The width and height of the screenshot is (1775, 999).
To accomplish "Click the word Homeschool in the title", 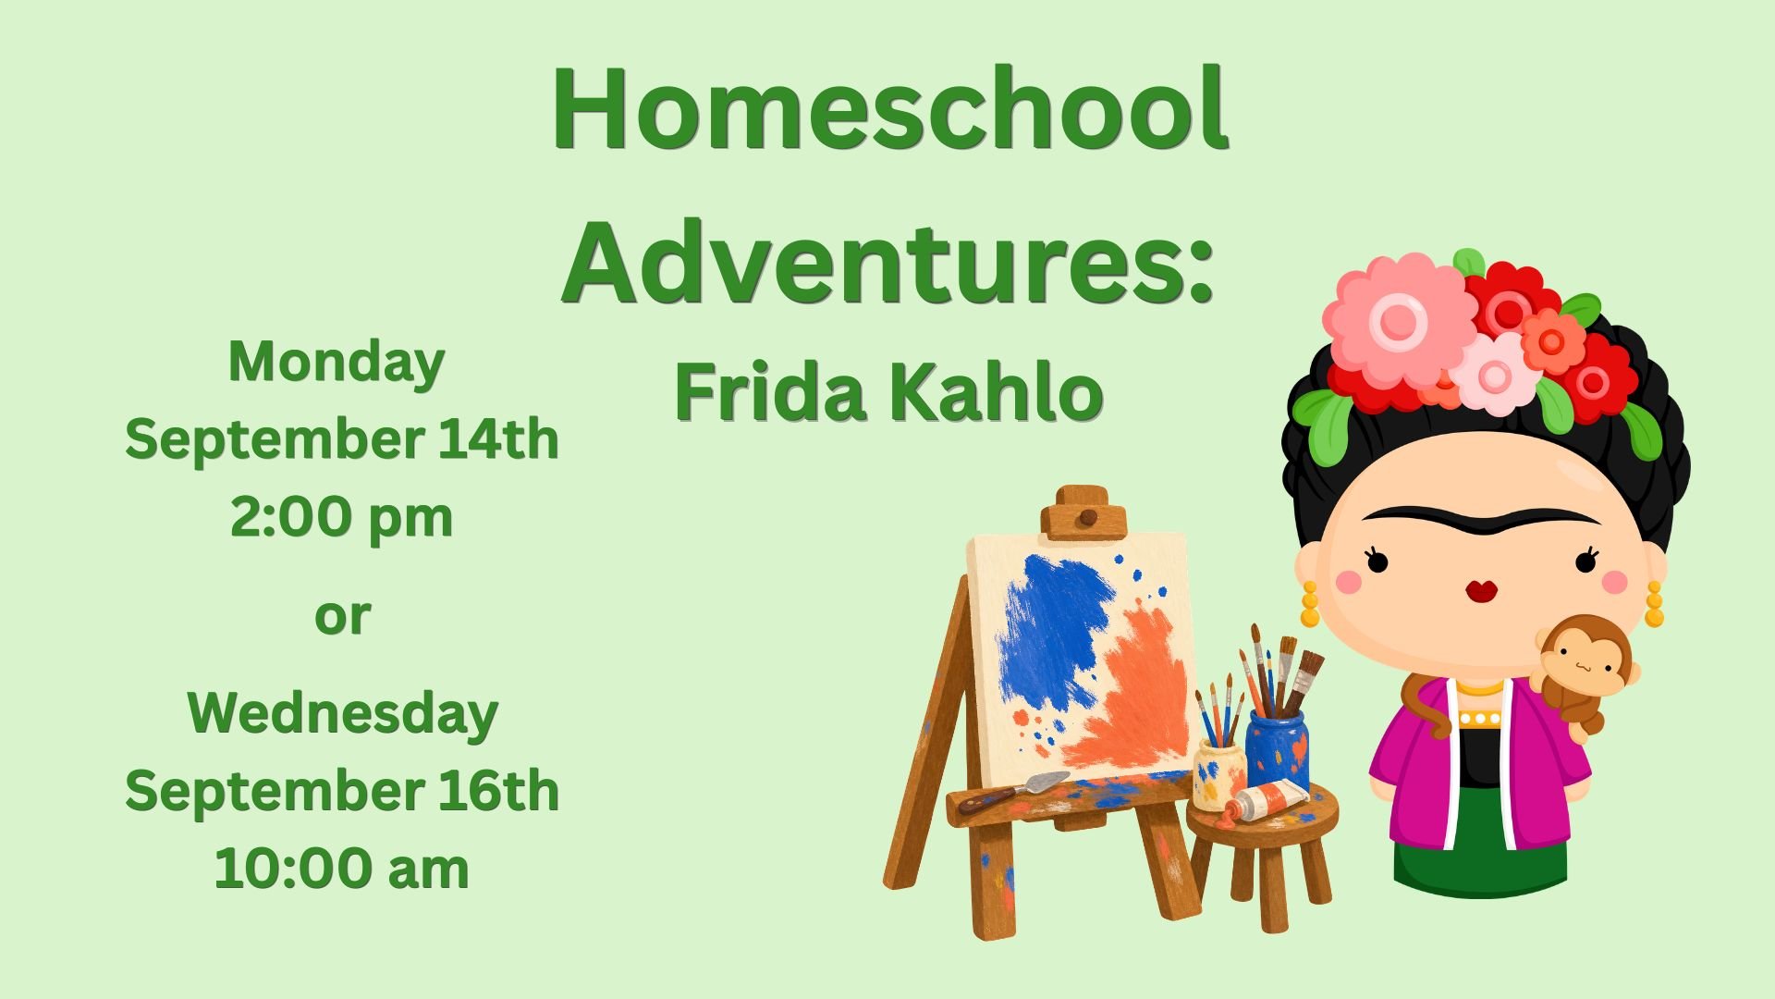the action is point(889,109).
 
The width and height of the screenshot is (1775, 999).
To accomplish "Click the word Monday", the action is point(337,363).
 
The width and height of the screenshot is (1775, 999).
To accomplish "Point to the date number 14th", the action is point(498,438).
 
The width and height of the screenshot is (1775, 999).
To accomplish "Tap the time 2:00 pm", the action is point(341,518).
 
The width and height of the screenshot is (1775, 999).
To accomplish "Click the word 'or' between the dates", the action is point(342,616).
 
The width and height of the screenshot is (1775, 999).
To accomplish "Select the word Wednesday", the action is point(342,715).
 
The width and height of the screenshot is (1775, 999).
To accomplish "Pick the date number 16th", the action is point(499,792).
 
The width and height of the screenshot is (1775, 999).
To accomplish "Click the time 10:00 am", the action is point(341,869).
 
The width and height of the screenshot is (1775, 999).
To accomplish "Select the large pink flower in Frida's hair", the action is point(1398,320).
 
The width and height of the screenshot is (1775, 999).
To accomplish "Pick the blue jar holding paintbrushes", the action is point(1277,749).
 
